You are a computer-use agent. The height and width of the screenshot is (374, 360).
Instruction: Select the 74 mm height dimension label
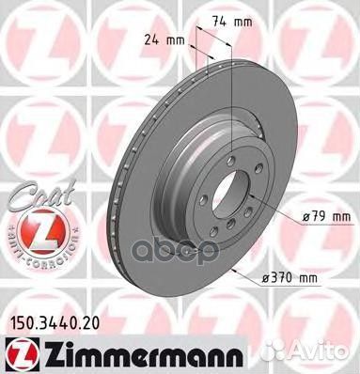coord(227,20)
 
